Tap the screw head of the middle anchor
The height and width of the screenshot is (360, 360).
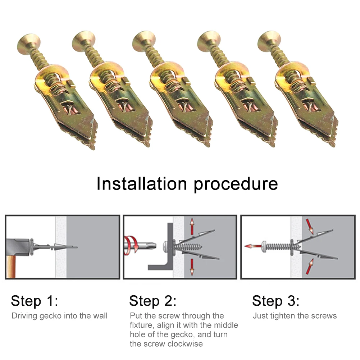(145, 42)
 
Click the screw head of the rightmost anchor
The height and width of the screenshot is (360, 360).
(269, 42)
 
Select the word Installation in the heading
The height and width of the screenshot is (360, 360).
(142, 183)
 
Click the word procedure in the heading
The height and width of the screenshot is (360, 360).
(236, 185)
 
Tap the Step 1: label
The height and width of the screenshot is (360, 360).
(35, 301)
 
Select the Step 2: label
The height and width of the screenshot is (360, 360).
(153, 301)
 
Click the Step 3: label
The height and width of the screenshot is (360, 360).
(276, 301)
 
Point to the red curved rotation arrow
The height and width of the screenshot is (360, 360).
(131, 246)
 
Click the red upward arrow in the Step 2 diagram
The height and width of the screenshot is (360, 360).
(192, 227)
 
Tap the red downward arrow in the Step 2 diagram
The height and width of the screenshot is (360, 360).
(192, 267)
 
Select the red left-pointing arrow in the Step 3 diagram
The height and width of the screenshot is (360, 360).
(253, 246)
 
